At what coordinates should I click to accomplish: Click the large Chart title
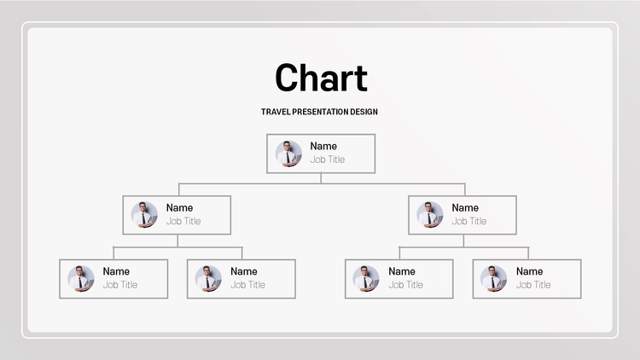point(321,78)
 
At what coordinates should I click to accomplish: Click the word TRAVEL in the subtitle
point(276,112)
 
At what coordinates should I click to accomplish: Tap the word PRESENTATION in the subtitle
point(315,112)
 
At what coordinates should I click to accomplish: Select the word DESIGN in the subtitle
point(358,112)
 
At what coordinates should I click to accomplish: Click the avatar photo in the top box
point(288,154)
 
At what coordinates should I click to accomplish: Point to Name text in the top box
point(323,146)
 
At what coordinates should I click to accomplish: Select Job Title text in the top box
point(328,160)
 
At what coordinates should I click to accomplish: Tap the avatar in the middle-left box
point(144,215)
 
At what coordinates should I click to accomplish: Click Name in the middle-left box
point(179,208)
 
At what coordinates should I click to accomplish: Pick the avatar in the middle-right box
point(430,215)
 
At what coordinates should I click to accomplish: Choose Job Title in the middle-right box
point(469,221)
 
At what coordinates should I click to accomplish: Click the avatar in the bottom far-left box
point(81,278)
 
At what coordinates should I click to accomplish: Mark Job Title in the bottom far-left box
point(120,285)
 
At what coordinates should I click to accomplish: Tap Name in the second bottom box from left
point(244,271)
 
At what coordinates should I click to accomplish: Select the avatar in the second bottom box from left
point(208,278)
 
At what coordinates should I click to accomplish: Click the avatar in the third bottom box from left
point(366,278)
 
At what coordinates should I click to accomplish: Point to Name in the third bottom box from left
point(402,271)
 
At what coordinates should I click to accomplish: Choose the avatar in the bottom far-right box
point(493,278)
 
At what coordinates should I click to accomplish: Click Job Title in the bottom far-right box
point(533,285)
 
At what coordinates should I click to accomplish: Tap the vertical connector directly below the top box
point(321,178)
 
